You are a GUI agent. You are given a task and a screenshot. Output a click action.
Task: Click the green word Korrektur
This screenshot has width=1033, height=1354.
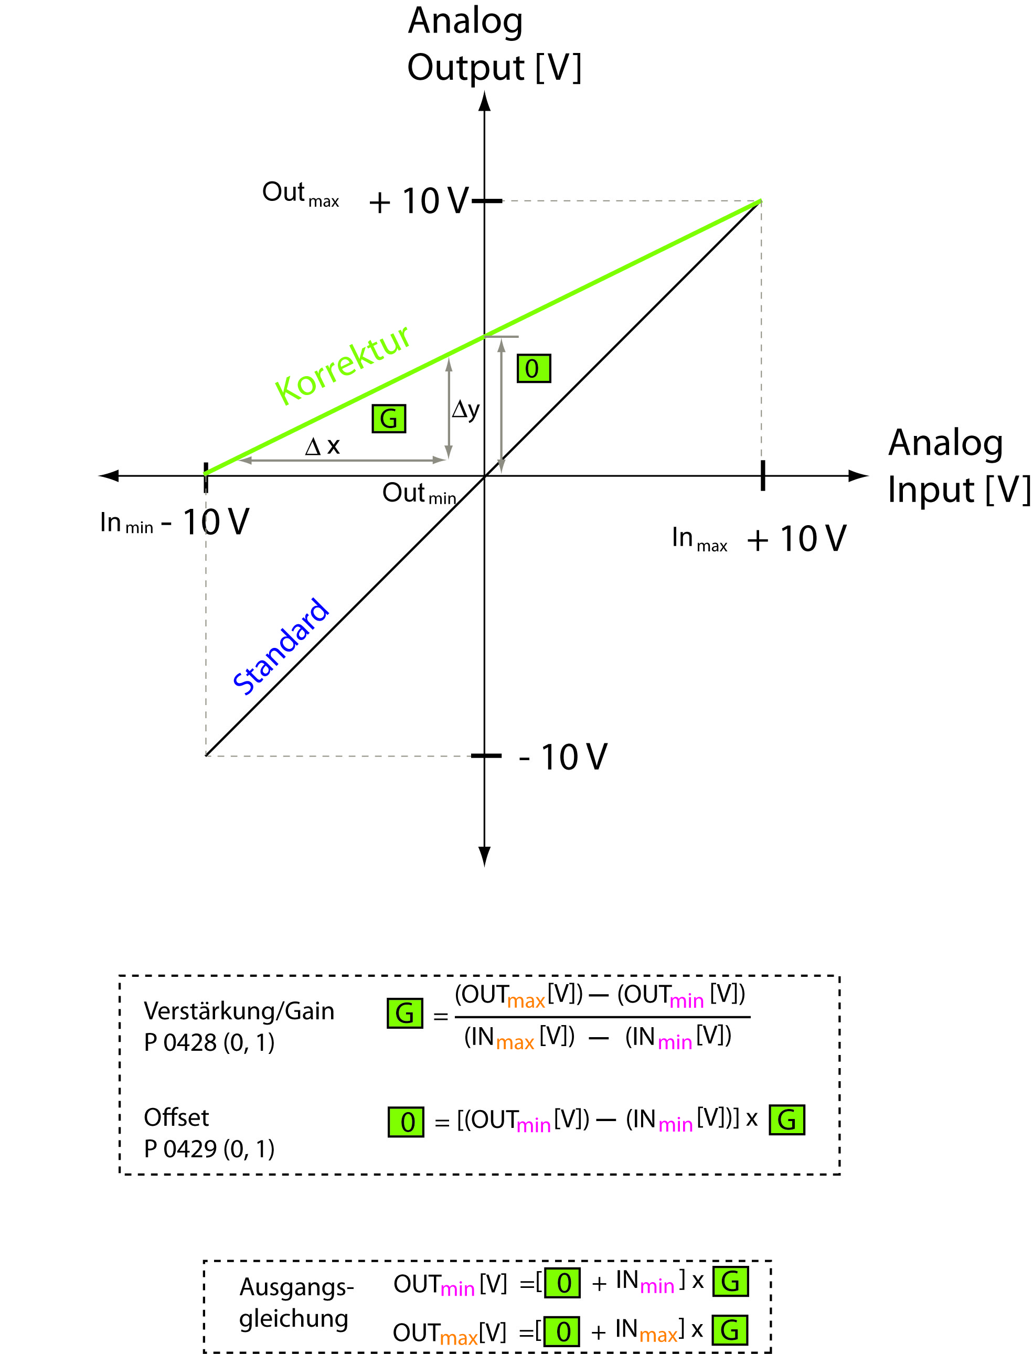point(343,365)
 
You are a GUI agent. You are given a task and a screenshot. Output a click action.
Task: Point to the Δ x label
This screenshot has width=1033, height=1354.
point(322,446)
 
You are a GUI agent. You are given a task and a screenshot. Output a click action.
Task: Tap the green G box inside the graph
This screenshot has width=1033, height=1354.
point(389,419)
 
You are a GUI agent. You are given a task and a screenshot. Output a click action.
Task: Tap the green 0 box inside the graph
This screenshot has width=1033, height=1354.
point(533,368)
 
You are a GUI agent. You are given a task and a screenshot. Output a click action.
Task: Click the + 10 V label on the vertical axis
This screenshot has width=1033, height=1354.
point(419,201)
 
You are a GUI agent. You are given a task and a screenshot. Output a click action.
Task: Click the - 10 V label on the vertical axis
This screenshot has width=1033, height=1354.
point(562,756)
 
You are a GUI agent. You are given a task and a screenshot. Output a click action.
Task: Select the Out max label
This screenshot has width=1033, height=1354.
point(300,194)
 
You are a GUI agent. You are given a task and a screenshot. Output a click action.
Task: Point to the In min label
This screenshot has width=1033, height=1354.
point(126,523)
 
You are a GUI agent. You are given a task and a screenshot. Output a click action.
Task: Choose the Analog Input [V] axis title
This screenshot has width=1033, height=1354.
point(958,466)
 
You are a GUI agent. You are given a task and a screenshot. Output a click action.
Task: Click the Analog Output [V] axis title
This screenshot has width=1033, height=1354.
point(494,44)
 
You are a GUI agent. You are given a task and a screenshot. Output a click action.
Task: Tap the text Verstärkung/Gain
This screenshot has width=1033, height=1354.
point(239,1011)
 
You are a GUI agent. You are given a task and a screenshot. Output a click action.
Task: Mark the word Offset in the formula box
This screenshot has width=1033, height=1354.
point(176,1117)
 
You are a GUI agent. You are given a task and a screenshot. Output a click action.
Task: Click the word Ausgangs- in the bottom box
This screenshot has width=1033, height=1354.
point(296,1286)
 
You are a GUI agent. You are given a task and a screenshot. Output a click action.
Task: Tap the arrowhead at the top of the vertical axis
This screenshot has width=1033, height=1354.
point(485,101)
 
